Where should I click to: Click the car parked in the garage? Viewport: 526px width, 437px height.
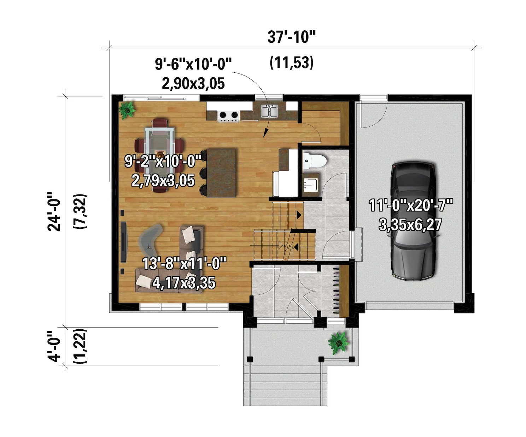pos(413,221)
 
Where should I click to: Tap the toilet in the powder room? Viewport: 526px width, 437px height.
pos(314,161)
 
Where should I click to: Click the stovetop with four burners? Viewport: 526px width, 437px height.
pos(228,115)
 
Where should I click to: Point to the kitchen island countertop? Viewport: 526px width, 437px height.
pos(221,173)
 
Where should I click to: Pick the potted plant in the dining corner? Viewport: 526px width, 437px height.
pos(127,109)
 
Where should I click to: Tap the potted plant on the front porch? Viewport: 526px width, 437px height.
pos(339,342)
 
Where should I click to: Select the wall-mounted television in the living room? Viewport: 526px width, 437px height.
pos(123,242)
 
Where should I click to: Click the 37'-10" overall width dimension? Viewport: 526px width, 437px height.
pos(291,37)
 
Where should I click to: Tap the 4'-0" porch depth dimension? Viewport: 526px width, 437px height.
pos(55,346)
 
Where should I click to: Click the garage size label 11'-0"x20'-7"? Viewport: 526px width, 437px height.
pos(411,205)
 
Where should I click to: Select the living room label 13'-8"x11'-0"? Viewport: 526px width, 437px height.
pos(184,264)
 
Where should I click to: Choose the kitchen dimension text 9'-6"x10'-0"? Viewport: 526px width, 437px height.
pos(193,64)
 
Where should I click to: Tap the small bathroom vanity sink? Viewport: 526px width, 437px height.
pos(310,184)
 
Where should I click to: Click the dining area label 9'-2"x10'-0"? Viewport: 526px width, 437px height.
pos(165,162)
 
